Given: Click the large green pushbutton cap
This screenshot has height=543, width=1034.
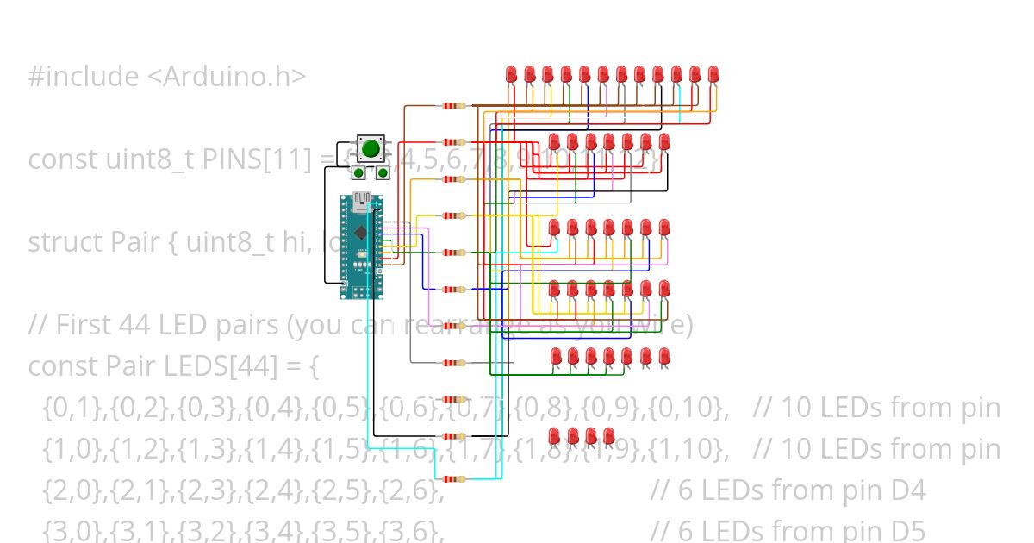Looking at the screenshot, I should coord(371,147).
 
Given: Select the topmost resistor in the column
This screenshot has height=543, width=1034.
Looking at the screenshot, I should coord(453,106).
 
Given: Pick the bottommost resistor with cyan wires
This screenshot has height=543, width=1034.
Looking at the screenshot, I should coord(453,479).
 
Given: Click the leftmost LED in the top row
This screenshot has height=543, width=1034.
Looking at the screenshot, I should coord(511,75).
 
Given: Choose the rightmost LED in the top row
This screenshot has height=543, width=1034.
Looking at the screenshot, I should coord(713,75).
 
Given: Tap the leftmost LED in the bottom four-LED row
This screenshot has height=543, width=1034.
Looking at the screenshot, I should coord(555,435).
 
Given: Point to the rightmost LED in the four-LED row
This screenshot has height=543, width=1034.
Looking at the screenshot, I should coord(609,435).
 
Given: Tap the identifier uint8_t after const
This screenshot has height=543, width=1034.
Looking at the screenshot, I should coord(152,159).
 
